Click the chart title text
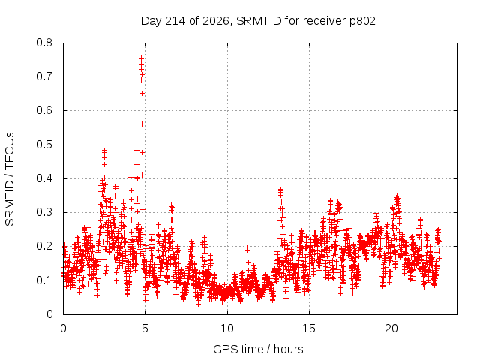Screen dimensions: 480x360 [x=258, y=21]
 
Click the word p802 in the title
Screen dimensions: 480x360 [x=362, y=22]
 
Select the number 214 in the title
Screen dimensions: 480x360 [x=175, y=21]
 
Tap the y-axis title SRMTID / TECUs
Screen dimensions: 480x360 [x=10, y=179]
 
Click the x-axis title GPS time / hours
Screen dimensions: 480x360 [x=258, y=349]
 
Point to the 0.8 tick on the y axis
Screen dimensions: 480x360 [x=44, y=43]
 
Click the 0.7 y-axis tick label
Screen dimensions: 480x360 [x=44, y=76]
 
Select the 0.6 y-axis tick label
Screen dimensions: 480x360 [x=44, y=110]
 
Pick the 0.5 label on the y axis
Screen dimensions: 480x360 [x=44, y=145]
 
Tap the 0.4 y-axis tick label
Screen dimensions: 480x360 [x=44, y=178]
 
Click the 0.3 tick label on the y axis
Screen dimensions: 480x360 [x=44, y=212]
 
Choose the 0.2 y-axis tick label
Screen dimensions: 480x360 [x=44, y=247]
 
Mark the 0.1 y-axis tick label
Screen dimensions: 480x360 [x=44, y=280]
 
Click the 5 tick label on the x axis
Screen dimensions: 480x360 [x=145, y=328]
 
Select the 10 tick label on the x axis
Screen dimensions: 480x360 [x=227, y=328]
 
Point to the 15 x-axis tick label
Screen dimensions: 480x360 [x=309, y=328]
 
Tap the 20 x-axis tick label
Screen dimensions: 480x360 [x=391, y=328]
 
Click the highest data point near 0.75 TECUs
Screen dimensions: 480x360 [x=141, y=58]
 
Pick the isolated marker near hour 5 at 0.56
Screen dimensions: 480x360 [x=142, y=124]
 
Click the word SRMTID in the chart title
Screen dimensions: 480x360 [x=259, y=21]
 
